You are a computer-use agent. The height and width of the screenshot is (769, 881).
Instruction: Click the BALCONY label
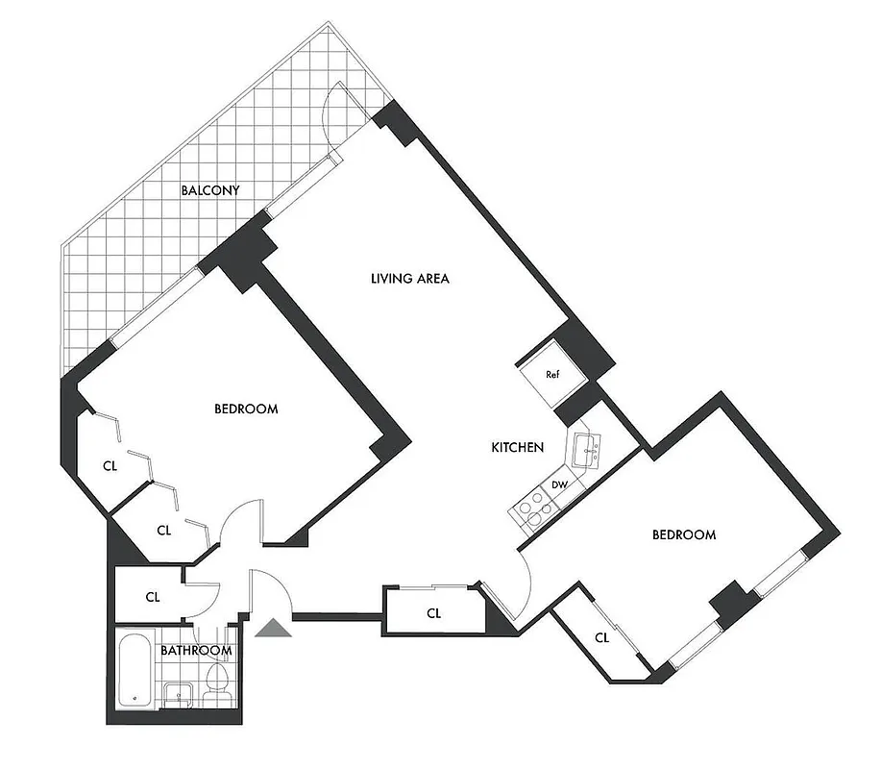[210, 190]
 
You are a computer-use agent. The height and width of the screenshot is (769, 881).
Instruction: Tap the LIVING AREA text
[410, 279]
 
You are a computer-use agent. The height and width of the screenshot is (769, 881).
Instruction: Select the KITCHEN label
[518, 447]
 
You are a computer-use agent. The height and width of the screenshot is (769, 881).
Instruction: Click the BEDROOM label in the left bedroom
[245, 409]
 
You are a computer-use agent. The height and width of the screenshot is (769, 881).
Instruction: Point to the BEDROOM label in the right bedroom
[683, 534]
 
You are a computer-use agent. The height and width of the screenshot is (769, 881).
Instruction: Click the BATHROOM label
[196, 651]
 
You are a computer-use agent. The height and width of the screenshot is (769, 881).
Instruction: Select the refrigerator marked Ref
[551, 374]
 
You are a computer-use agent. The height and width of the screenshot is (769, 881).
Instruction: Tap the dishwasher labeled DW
[559, 484]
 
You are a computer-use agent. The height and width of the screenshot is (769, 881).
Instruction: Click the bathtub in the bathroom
[135, 672]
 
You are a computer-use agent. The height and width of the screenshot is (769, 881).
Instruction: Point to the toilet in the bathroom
[217, 684]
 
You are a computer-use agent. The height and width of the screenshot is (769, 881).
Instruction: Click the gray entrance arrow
[272, 628]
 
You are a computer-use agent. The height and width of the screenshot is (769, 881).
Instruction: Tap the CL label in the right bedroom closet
[602, 637]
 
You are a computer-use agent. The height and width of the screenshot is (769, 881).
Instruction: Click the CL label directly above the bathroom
[153, 596]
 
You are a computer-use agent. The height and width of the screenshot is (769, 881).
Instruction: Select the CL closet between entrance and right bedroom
[433, 612]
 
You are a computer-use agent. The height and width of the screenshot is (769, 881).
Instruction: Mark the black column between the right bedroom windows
[734, 603]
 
